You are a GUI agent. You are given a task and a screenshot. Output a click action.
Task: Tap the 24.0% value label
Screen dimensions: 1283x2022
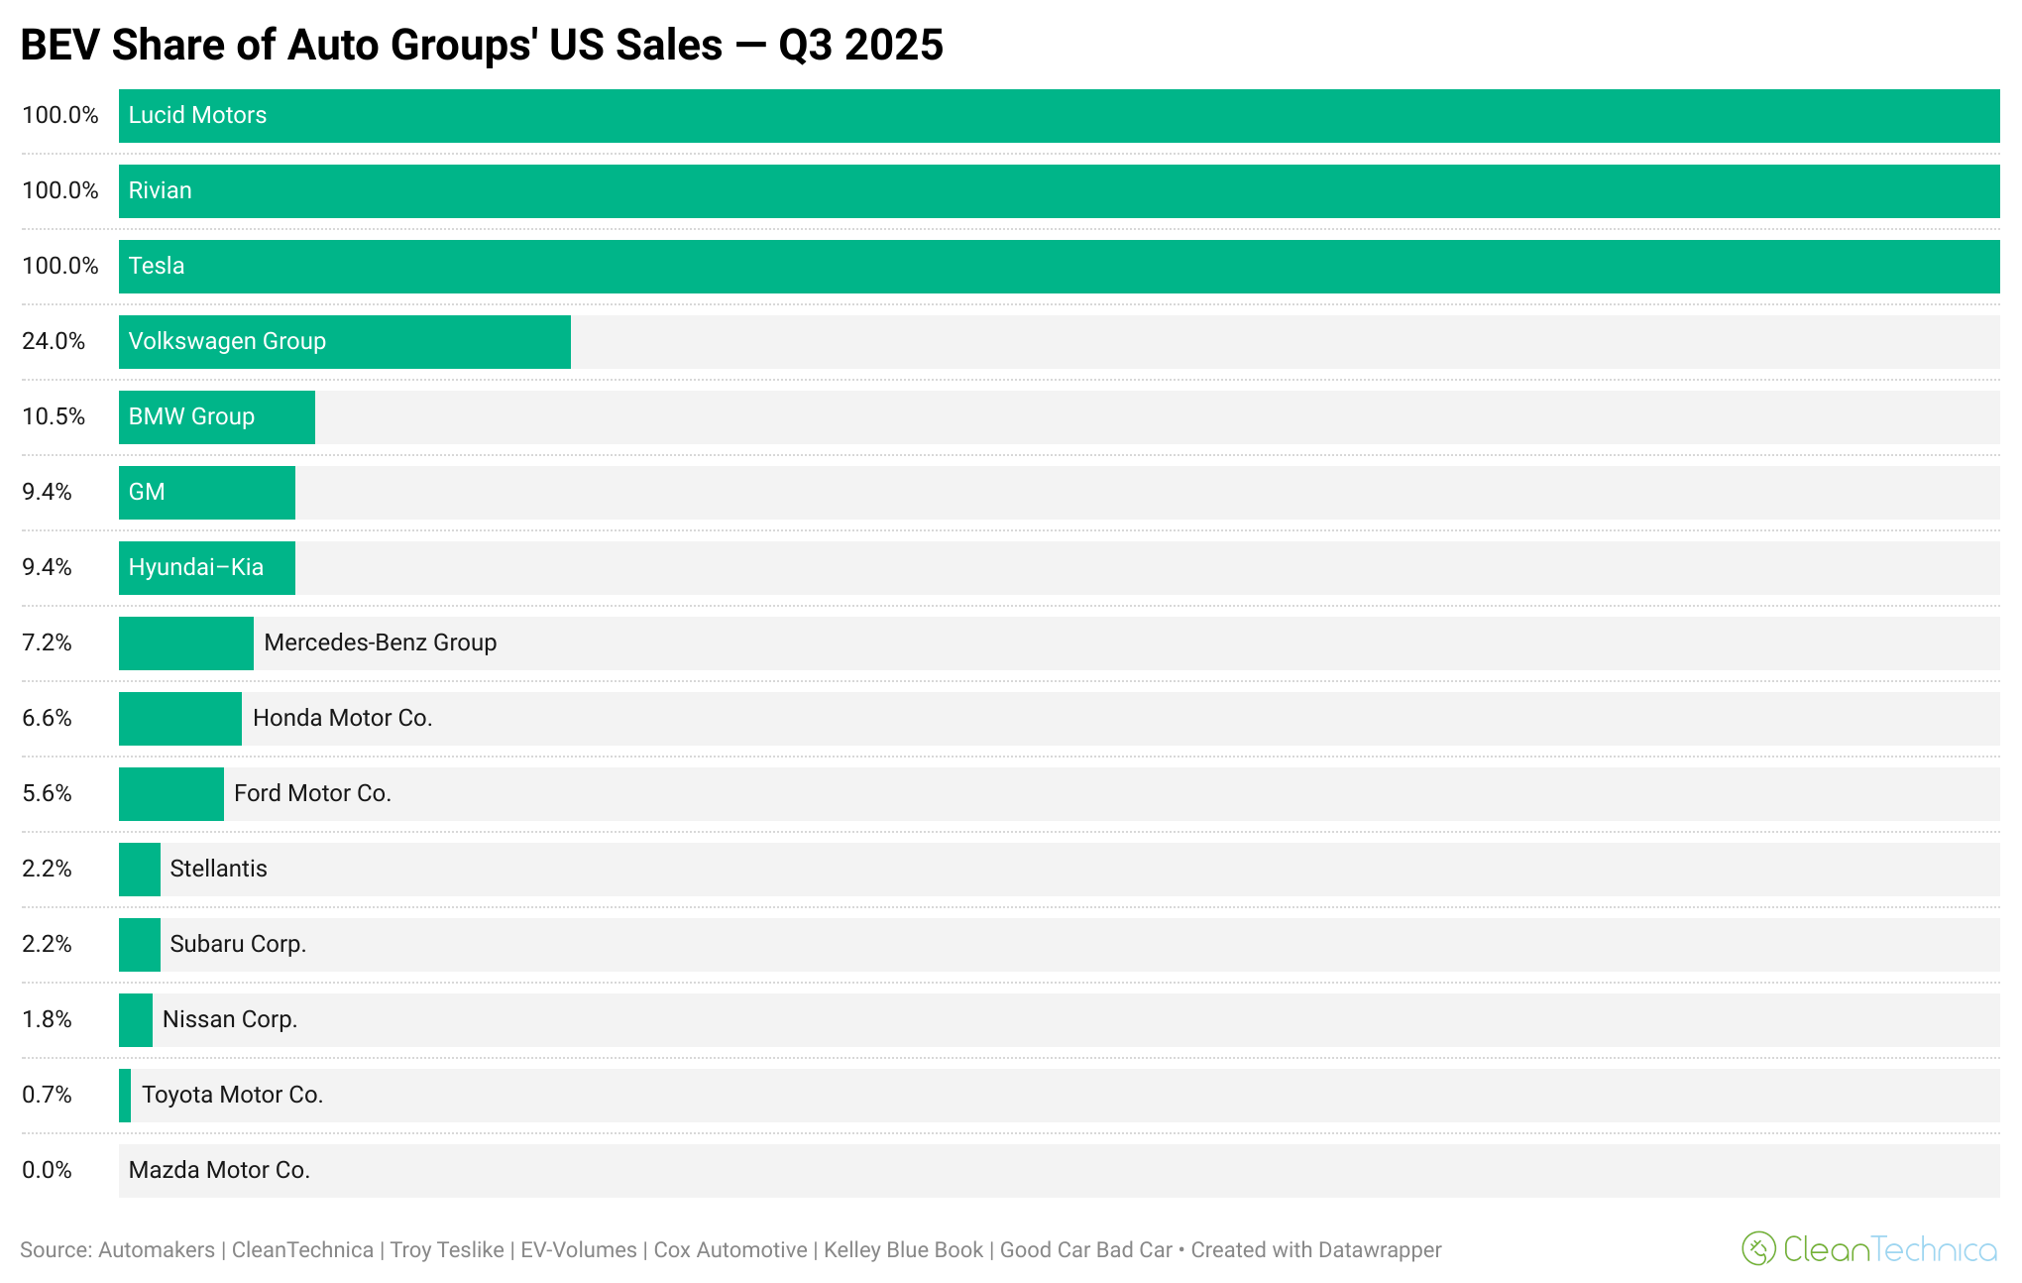54,341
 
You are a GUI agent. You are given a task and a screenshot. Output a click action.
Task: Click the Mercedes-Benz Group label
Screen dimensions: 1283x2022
380,642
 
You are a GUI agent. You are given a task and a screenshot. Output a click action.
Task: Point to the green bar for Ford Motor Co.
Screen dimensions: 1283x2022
170,794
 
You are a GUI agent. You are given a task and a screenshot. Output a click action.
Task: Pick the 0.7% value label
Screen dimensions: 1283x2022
47,1095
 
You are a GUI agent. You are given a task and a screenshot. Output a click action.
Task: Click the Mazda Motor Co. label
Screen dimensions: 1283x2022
219,1170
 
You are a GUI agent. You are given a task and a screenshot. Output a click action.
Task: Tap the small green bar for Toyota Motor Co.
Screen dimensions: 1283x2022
125,1096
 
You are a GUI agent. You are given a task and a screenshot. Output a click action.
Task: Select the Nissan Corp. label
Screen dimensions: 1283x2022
230,1019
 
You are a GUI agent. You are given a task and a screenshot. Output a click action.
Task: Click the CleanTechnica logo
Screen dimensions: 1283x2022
1868,1249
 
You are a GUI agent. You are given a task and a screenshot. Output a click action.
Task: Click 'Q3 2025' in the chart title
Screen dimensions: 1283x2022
860,45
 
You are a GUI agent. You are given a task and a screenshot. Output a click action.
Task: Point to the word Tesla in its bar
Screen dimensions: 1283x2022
157,266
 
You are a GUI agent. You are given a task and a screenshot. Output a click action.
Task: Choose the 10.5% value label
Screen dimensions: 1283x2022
54,416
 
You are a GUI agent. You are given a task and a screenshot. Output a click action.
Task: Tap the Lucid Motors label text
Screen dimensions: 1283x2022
197,115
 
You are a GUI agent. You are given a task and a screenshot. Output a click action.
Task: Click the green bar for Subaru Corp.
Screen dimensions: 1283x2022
139,945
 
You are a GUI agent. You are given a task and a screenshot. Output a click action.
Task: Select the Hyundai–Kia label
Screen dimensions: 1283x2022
196,567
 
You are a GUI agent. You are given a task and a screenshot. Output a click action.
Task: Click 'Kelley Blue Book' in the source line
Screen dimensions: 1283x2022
903,1250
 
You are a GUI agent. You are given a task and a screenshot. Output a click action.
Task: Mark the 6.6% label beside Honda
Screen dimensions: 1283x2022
47,718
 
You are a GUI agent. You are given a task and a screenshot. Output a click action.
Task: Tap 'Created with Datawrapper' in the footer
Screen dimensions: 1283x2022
1315,1250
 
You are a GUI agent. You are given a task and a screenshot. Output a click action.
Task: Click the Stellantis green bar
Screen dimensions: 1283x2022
139,870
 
